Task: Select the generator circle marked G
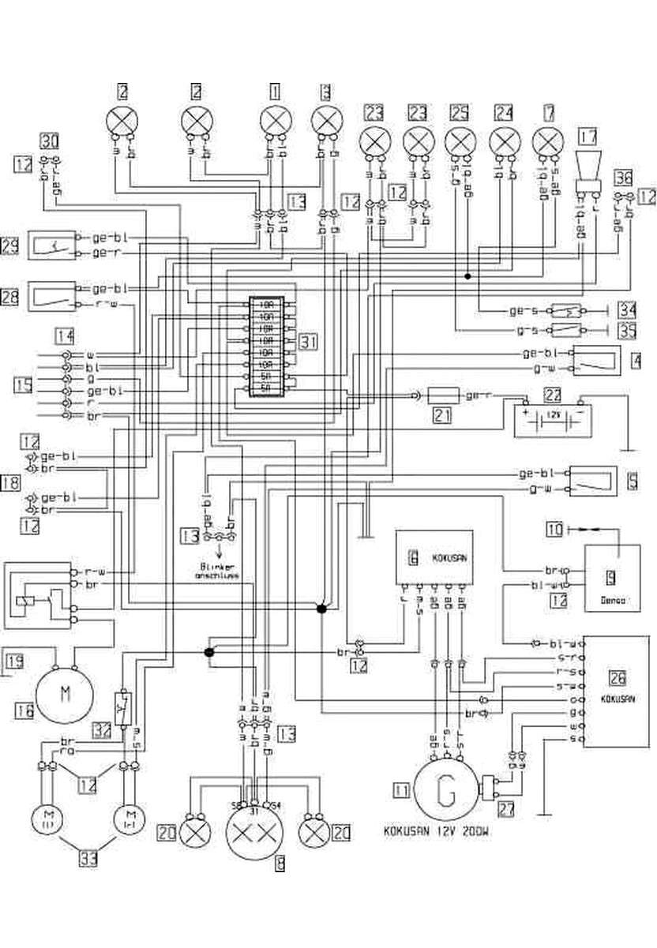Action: pyautogui.click(x=446, y=790)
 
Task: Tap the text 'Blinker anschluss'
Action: pyautogui.click(x=216, y=571)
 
